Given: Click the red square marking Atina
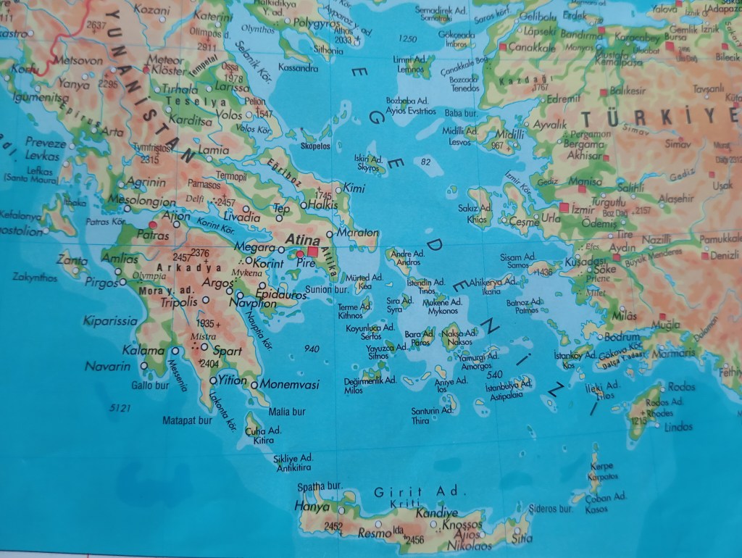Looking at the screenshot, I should coord(313,251).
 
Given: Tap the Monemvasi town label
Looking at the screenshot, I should coord(289,384).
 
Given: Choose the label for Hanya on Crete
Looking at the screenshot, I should coord(312,507).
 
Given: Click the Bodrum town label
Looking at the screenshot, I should coord(622,337).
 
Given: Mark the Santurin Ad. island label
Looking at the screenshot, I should coord(431,410).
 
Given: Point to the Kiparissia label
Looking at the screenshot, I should coord(110,320).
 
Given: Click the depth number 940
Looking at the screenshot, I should coord(312,349).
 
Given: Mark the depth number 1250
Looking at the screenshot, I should coord(408,38).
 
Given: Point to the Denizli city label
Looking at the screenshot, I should coord(724,255).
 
